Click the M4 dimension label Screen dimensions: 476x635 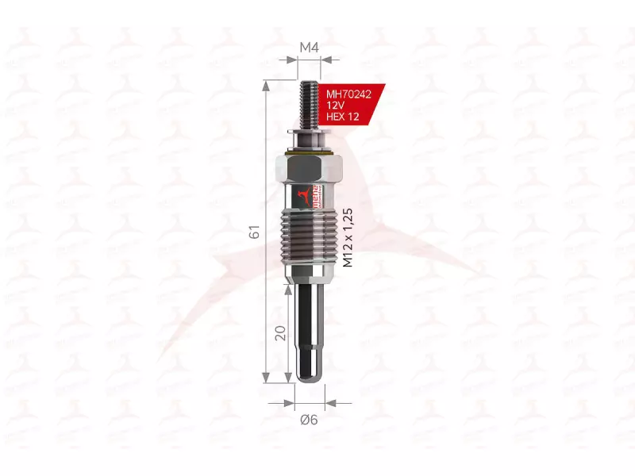[x=309, y=48]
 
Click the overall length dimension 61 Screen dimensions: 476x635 [x=254, y=232]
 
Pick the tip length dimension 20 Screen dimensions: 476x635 [x=279, y=333]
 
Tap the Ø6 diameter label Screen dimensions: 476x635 [x=309, y=420]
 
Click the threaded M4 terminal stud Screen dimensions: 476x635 [x=310, y=103]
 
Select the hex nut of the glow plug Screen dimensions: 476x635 [x=310, y=167]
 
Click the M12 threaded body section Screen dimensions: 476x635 [x=310, y=238]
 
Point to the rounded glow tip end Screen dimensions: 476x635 [x=309, y=373]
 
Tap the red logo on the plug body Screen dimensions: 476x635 [x=302, y=194]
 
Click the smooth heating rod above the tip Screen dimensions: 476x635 [x=309, y=317]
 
